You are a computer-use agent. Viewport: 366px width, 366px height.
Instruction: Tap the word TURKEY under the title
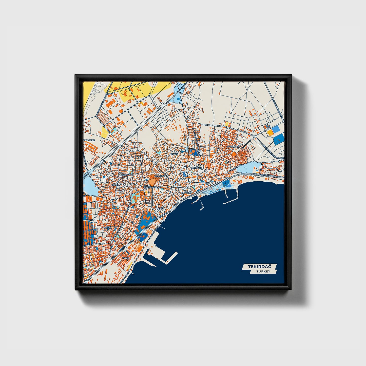[x=263, y=272]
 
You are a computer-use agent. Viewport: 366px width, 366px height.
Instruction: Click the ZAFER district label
[x=175, y=154]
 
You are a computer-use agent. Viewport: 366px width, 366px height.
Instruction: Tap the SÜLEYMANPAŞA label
[x=152, y=187]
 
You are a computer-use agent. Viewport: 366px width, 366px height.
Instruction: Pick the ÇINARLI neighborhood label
[x=115, y=185]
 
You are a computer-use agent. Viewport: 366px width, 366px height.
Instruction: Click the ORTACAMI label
[x=197, y=168]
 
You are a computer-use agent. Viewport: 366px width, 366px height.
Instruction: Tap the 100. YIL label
[x=107, y=228]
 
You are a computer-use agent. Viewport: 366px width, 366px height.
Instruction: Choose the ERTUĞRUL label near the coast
[x=187, y=193]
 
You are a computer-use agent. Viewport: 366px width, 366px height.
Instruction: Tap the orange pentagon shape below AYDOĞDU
[x=152, y=182]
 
